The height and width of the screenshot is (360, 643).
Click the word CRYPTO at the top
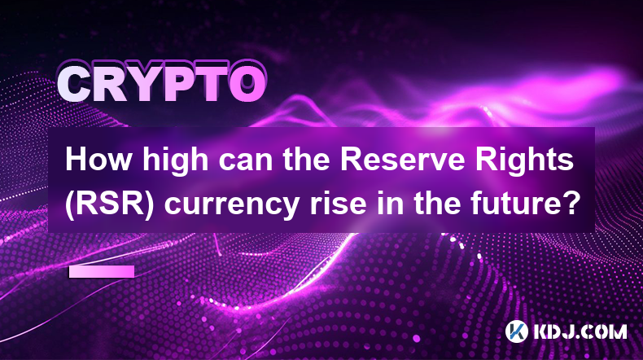tap(162, 83)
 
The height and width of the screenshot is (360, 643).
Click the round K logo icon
tap(517, 331)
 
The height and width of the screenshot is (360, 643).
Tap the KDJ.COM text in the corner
tap(580, 331)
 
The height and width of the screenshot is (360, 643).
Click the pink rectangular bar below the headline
tap(102, 271)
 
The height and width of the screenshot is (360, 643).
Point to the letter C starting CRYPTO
tap(74, 84)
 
